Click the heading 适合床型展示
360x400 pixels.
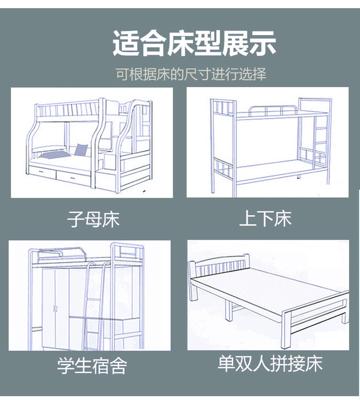[194, 43]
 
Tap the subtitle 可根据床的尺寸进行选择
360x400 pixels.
[191, 74]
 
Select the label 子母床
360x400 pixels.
[93, 220]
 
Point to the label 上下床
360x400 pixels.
[265, 219]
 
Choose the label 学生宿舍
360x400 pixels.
[92, 365]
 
